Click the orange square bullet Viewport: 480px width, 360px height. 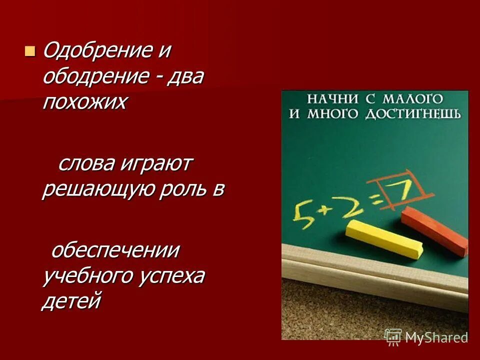click(x=30, y=50)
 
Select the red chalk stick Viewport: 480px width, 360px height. click(x=434, y=230)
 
